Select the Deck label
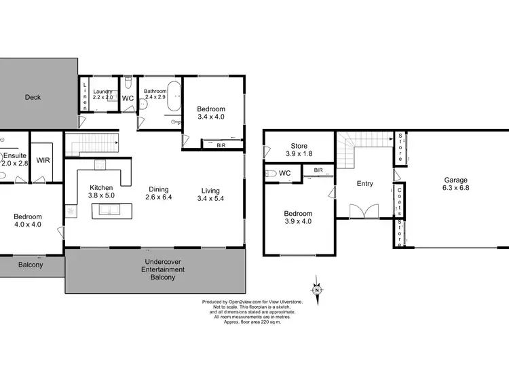(x=33, y=97)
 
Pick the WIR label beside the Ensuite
(x=43, y=161)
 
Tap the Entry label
(x=364, y=183)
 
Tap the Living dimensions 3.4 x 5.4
(x=209, y=198)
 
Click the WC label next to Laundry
(x=128, y=98)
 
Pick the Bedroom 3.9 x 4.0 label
(x=298, y=218)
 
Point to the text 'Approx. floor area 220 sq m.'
(x=252, y=322)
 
